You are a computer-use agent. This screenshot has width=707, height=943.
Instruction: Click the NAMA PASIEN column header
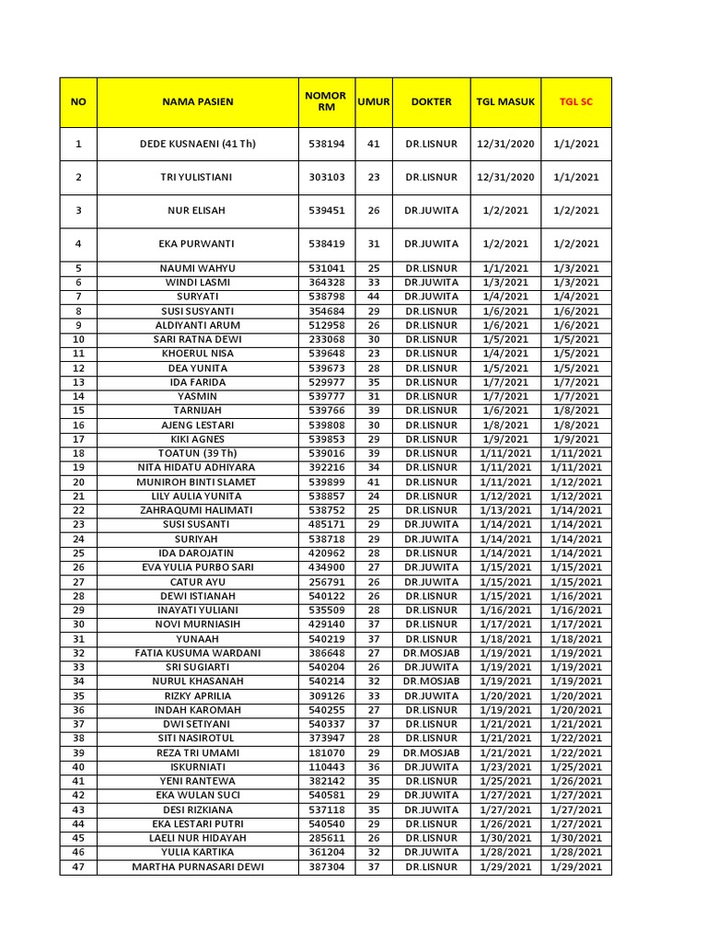(x=198, y=101)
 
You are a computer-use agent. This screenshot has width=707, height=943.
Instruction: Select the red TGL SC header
(x=576, y=101)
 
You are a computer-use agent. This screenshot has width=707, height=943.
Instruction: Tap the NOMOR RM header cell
(x=327, y=101)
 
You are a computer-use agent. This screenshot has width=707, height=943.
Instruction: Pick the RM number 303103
(x=327, y=177)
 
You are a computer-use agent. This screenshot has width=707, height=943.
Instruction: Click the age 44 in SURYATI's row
(x=374, y=297)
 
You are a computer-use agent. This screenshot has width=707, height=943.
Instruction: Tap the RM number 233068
(x=327, y=339)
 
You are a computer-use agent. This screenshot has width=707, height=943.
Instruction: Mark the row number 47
(x=78, y=867)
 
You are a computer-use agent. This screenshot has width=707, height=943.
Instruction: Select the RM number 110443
(x=327, y=766)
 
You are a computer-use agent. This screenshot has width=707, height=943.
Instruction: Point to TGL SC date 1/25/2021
(x=576, y=766)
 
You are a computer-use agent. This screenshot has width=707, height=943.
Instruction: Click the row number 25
(x=78, y=553)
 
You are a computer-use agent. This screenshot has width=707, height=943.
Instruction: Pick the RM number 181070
(x=327, y=752)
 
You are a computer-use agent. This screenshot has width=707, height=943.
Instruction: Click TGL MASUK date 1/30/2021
(x=504, y=838)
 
